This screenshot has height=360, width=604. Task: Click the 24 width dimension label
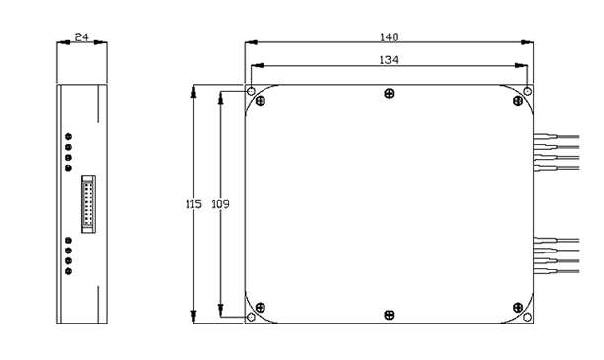point(81,36)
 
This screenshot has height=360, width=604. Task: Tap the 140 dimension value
point(389,36)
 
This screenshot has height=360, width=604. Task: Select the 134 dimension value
point(389,60)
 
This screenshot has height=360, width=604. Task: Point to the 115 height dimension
point(193,204)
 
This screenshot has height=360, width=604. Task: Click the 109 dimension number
point(220,204)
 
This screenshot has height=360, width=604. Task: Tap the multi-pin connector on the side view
point(88,204)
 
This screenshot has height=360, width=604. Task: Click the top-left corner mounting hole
point(251,92)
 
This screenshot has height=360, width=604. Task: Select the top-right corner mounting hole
point(528,92)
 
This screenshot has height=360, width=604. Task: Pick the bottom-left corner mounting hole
point(251,317)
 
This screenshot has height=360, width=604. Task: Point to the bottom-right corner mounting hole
point(528,317)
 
